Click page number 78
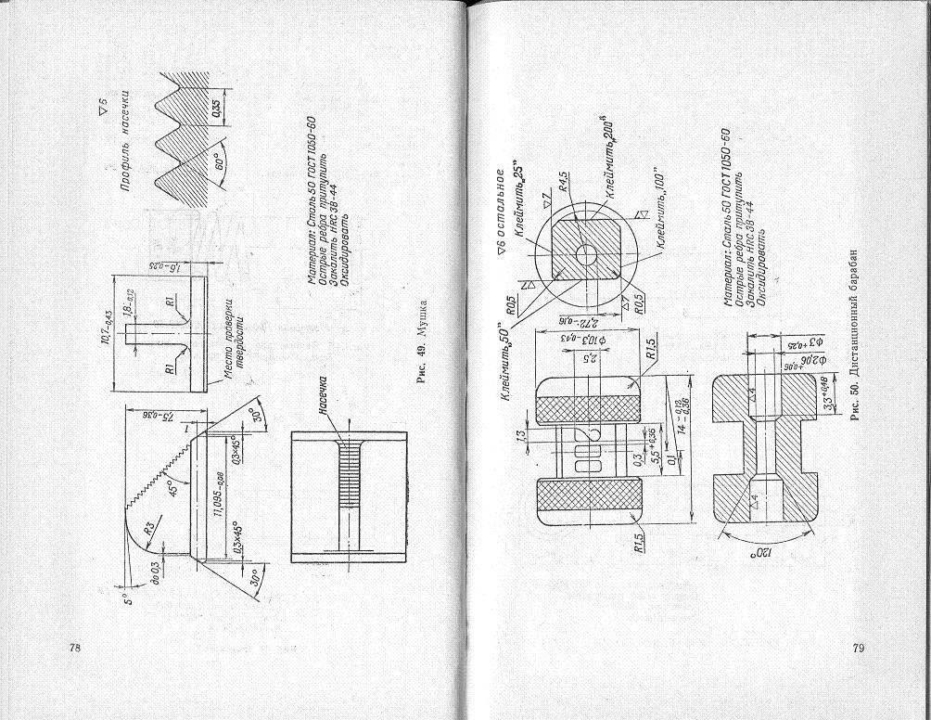point(74,647)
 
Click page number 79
point(858,647)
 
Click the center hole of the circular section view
point(586,252)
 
